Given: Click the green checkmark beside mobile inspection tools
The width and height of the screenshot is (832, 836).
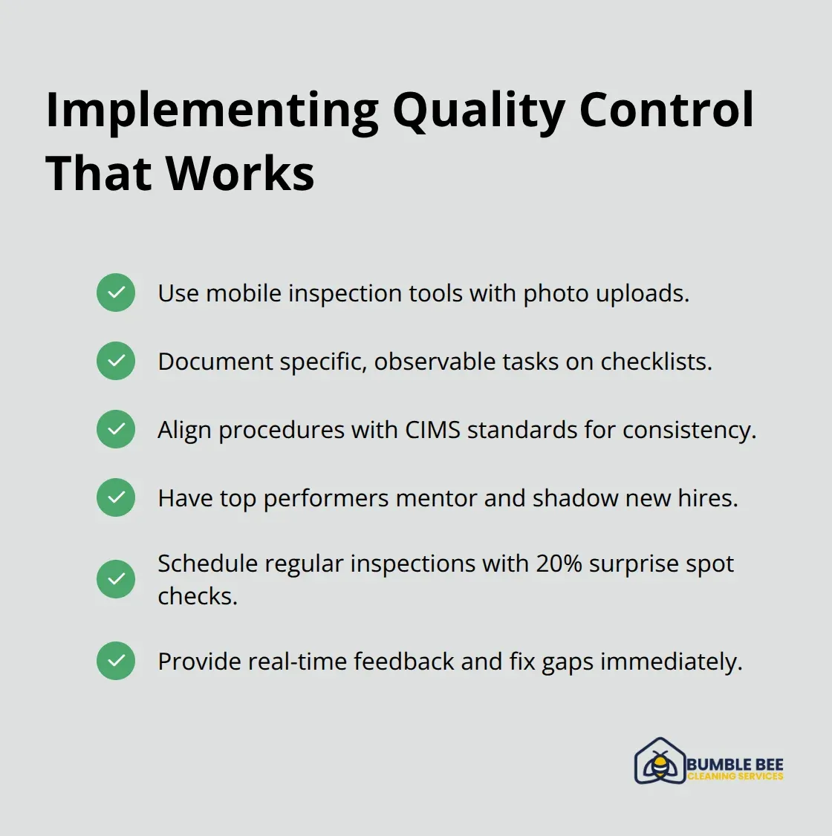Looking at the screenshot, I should (116, 293).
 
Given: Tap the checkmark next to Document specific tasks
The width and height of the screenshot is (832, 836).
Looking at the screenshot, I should (116, 361).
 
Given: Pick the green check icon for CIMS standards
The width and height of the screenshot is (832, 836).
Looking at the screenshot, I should (116, 429).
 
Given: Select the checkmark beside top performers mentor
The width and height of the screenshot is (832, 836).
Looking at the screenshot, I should (116, 497).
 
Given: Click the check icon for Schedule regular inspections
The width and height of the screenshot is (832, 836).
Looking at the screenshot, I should (116, 579).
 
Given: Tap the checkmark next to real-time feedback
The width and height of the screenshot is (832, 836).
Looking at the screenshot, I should (116, 661).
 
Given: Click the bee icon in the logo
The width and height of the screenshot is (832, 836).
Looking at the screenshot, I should (660, 764).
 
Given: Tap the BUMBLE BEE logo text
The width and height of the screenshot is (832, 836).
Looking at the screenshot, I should (735, 764).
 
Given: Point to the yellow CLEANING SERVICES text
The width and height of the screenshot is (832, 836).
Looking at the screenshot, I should (735, 777).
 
